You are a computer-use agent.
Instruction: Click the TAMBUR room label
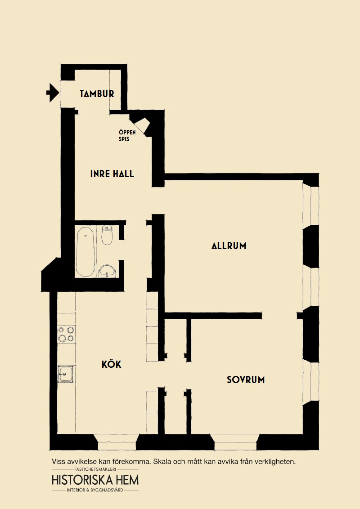(97, 94)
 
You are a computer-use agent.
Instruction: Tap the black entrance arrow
(53, 93)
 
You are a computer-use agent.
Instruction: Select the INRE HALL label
(112, 174)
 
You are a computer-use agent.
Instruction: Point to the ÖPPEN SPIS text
(127, 136)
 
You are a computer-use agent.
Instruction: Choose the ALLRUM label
(229, 246)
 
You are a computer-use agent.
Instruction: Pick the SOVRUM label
(246, 380)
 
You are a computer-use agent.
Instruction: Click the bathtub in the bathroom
(85, 252)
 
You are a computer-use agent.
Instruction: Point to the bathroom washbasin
(107, 271)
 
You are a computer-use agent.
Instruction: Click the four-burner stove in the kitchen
(66, 335)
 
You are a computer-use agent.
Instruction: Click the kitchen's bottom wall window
(117, 442)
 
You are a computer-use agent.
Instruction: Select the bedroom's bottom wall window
(236, 442)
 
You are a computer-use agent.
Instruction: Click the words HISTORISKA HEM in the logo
(95, 480)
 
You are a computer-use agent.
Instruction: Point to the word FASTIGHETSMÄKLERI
(95, 469)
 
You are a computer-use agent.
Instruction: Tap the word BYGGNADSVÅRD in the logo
(108, 490)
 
